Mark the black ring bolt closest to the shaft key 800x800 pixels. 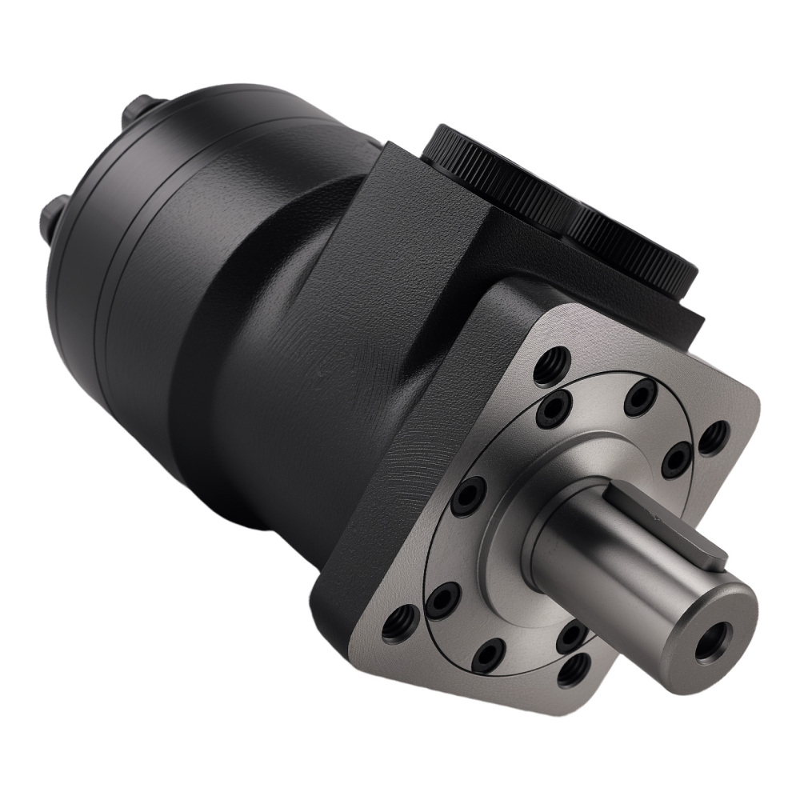[x=678, y=459]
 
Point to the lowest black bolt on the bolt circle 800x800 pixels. [x=487, y=656]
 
